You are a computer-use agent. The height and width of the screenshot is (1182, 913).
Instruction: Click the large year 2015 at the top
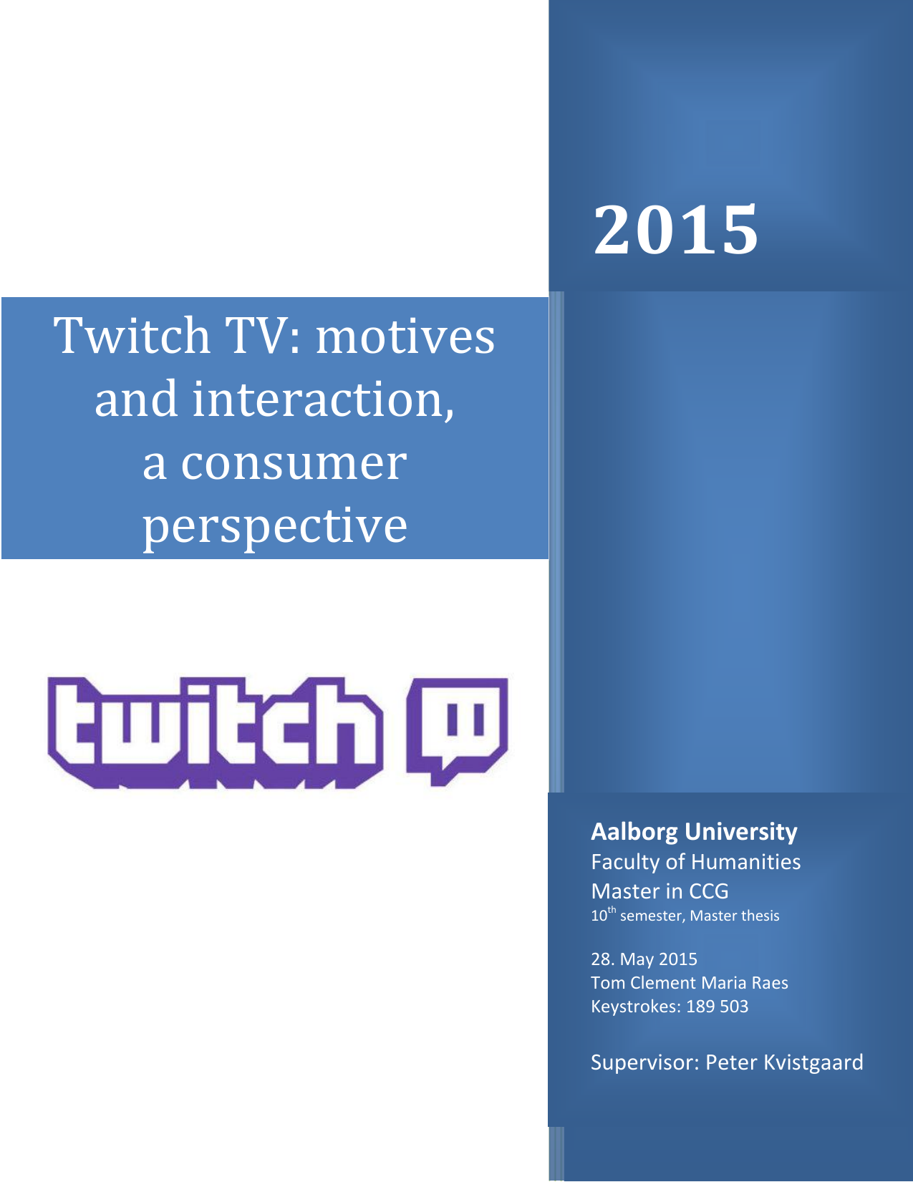coord(675,229)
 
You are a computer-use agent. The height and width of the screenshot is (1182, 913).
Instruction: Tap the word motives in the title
coord(405,336)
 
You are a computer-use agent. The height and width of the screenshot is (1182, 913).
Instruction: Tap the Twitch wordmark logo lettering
coord(216,732)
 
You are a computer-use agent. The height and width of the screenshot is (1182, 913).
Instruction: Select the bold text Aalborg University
coord(694,832)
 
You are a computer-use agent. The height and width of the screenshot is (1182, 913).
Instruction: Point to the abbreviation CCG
coord(708,891)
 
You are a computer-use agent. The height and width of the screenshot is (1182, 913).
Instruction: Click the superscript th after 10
coord(612,909)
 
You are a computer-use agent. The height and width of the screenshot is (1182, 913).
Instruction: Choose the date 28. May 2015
coord(644,959)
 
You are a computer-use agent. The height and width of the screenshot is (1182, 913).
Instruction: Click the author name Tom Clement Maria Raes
coord(690,983)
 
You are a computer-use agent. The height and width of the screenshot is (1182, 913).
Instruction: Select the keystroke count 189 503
coord(717,1007)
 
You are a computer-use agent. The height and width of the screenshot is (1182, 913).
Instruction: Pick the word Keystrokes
coord(635,1007)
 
